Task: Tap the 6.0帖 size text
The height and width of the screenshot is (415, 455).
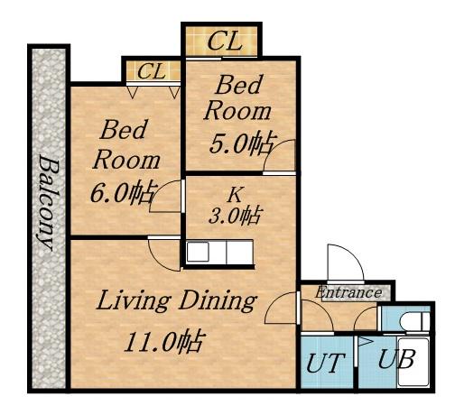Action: click(124, 192)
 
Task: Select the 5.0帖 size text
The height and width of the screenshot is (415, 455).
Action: click(243, 143)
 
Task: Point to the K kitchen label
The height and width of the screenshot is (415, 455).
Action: click(235, 195)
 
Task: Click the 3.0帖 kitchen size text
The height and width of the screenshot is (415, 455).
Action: click(235, 216)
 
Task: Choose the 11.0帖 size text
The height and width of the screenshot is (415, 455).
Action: click(162, 342)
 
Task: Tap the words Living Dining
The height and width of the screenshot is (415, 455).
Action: click(176, 300)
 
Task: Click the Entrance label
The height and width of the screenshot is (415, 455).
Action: click(348, 292)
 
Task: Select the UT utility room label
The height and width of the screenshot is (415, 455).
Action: click(325, 363)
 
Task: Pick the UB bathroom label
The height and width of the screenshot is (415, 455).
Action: click(396, 358)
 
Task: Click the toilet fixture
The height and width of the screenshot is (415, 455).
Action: click(414, 322)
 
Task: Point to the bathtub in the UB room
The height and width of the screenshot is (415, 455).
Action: click(413, 362)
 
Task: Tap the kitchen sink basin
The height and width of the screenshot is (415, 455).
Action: click(198, 252)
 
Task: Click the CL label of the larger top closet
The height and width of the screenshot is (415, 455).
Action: click(225, 41)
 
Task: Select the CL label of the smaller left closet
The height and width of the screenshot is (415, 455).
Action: click(152, 71)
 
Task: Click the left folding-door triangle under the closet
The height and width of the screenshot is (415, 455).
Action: click(133, 92)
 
